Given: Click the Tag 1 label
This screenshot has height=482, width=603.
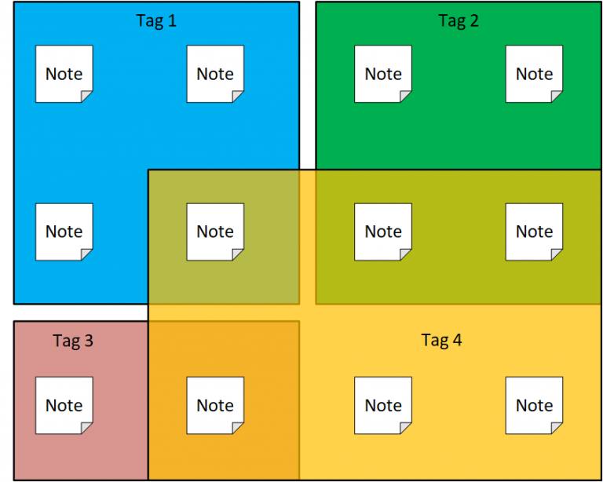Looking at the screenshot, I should point(156,21).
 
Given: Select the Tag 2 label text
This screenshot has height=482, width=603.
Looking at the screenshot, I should point(459,21).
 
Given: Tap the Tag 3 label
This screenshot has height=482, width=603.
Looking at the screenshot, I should point(73,341).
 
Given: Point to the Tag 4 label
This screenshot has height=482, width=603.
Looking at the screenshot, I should point(441,340).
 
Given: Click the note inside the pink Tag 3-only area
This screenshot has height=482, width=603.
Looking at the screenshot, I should point(64,405).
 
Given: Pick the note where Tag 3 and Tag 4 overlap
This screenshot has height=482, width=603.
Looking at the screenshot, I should point(215,405).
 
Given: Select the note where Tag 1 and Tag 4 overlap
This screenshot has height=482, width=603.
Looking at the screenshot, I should point(215,232).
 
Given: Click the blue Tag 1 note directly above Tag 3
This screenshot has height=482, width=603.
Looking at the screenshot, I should point(64,232).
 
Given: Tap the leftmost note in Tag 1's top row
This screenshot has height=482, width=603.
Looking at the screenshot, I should point(64,74).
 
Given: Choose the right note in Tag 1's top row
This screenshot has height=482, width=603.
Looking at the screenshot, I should point(215,74).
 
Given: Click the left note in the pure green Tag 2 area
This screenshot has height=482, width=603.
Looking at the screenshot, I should point(383,74).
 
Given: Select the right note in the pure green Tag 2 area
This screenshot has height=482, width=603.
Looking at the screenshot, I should point(534,74).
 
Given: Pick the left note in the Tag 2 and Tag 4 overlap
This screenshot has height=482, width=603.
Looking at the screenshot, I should point(383,232).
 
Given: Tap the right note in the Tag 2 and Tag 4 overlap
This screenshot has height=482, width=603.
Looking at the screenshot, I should point(534,232).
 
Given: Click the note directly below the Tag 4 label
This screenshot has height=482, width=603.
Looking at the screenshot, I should point(383,405).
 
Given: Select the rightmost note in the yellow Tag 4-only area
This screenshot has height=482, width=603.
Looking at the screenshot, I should point(534,405).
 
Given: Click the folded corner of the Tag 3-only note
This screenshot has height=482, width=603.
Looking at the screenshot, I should point(87,428).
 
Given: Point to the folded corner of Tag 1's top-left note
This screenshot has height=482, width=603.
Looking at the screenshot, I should point(87,97).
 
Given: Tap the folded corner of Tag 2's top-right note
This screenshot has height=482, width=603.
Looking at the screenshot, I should point(557,97).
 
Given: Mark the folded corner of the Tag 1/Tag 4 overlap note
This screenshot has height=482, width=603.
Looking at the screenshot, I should point(239,254).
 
